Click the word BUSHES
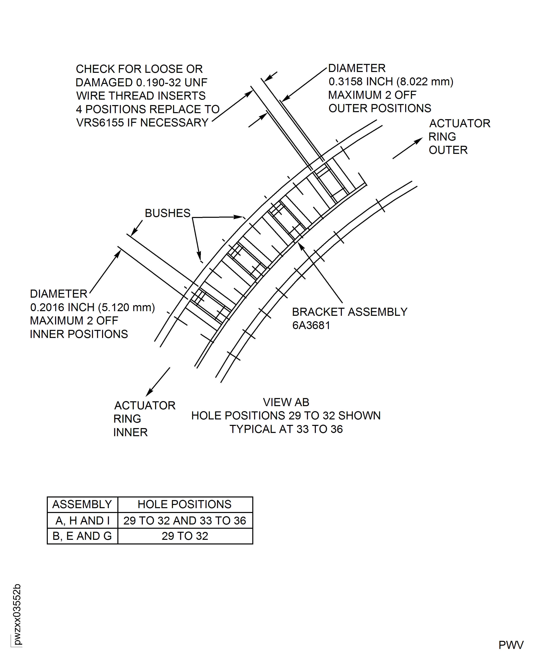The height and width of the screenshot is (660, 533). (x=167, y=213)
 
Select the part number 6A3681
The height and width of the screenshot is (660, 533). (x=311, y=325)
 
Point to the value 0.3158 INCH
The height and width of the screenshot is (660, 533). (x=361, y=82)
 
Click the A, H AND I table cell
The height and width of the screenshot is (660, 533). (x=82, y=521)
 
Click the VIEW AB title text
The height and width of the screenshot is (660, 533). (x=286, y=402)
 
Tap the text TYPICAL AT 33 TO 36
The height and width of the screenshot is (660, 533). (x=286, y=429)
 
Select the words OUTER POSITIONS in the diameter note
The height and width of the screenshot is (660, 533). (x=380, y=108)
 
